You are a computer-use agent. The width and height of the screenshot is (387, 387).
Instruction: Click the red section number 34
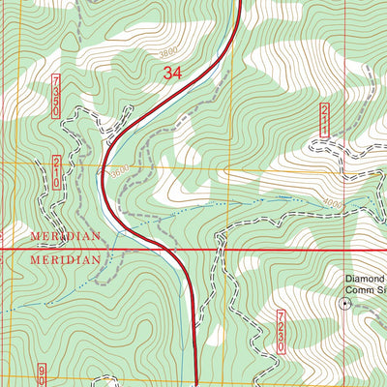point(172,73)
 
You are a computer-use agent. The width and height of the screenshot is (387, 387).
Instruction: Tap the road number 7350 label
point(56,96)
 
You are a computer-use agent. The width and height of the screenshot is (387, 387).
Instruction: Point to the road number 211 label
point(324,120)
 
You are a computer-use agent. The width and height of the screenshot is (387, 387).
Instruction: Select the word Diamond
point(366,278)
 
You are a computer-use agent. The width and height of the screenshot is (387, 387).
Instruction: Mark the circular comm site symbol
point(343,303)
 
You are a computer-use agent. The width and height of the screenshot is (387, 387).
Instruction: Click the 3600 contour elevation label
point(120,172)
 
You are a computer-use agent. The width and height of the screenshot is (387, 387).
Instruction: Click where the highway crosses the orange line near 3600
point(103,165)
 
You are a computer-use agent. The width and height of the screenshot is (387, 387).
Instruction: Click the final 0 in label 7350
point(56,112)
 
